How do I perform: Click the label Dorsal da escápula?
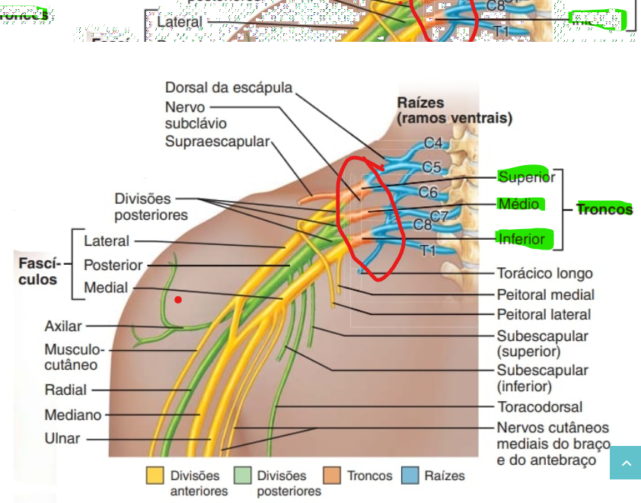tap(228, 88)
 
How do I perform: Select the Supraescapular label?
tap(217, 142)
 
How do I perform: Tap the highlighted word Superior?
tap(526, 177)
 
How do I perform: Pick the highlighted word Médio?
tap(518, 204)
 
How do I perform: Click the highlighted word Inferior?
tap(521, 239)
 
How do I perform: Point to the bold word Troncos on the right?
tap(604, 209)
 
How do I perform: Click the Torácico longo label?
tap(544, 273)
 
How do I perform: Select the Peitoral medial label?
tap(545, 294)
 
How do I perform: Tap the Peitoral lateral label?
tap(544, 314)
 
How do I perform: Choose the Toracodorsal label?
tap(540, 407)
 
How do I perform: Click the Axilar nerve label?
tap(63, 326)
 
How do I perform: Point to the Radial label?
tap(65, 390)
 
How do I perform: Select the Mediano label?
tap(72, 415)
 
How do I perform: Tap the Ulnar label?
tap(62, 439)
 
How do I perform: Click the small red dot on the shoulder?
tap(178, 300)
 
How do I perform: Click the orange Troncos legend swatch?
tap(332, 476)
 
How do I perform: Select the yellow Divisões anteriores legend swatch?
tap(155, 476)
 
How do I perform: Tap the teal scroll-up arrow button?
tap(625, 463)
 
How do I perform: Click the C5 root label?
tap(432, 167)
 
